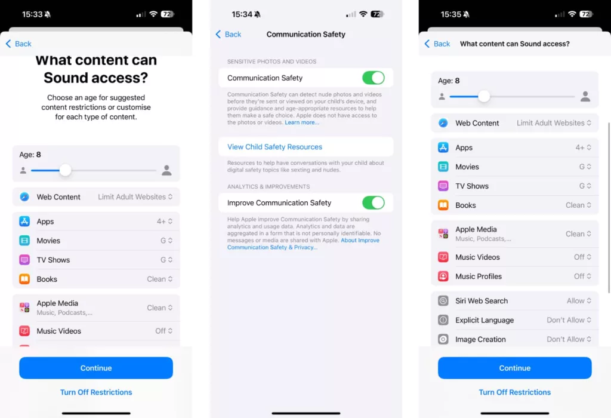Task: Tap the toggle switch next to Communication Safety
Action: click(374, 78)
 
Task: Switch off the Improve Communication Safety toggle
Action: click(374, 203)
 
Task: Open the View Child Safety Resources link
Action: click(274, 147)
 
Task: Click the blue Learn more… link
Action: click(301, 122)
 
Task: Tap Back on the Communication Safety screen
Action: click(229, 34)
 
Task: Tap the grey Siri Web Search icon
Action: click(443, 300)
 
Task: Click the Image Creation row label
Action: click(480, 339)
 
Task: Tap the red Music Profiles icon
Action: click(443, 276)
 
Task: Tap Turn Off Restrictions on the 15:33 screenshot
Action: click(96, 392)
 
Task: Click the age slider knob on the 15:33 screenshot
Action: click(65, 170)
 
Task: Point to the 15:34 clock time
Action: click(242, 14)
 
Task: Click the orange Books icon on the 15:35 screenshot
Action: click(443, 205)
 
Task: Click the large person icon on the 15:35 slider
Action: click(585, 96)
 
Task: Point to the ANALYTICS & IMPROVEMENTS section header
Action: click(269, 187)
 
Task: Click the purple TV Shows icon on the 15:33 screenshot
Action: click(24, 260)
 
